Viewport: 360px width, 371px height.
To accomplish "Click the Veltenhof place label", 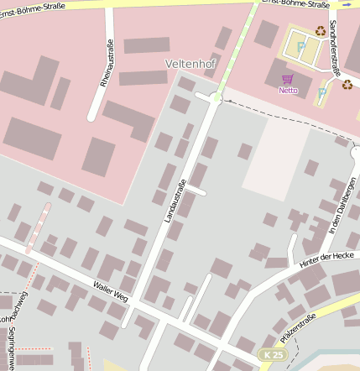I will tap(192, 63).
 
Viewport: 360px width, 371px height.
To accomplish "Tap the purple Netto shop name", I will tap(288, 89).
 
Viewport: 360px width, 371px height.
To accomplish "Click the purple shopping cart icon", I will tap(288, 78).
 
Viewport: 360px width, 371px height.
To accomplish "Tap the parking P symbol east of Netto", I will tap(322, 92).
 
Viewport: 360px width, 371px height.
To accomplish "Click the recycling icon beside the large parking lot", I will tap(321, 31).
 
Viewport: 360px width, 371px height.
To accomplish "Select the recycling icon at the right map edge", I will tap(347, 84).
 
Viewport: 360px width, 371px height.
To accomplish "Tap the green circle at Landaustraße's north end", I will tap(217, 99).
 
